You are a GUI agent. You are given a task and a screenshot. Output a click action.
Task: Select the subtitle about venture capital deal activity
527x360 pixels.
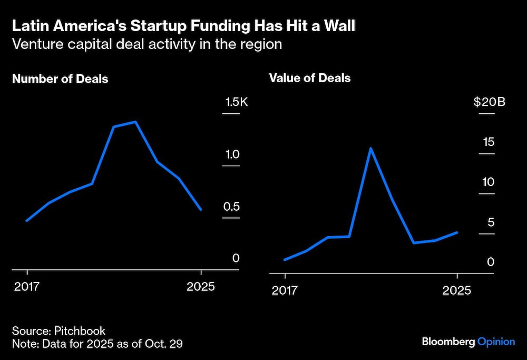(147, 44)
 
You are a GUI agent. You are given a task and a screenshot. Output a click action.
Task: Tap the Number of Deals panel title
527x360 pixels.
(60, 79)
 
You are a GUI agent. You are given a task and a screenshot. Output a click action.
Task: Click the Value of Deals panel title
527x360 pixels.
(310, 78)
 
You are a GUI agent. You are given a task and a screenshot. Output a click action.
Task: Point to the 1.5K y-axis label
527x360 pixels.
(237, 102)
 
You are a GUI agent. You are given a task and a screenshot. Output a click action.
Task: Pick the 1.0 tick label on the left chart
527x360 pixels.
(232, 154)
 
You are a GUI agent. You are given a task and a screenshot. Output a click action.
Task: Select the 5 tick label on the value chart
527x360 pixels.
(491, 222)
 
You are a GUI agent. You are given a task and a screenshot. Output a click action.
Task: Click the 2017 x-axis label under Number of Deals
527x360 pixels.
(27, 287)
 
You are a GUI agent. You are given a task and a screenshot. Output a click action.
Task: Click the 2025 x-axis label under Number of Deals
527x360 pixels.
(201, 287)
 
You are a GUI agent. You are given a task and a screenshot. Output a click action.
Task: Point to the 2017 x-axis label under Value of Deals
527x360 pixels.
(285, 290)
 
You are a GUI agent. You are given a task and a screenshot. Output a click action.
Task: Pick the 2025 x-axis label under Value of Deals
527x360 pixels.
(457, 290)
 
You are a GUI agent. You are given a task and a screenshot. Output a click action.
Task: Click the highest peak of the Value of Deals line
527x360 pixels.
(371, 148)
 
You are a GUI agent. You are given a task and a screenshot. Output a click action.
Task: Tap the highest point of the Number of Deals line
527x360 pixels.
(135, 122)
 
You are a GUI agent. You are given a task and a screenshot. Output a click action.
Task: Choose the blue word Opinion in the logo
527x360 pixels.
(496, 342)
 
